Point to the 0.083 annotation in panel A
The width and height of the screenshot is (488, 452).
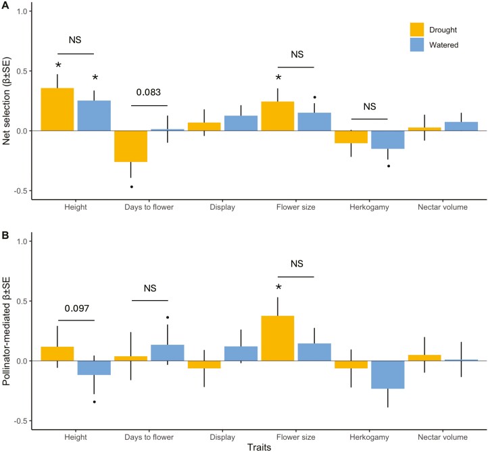pyautogui.click(x=149, y=92)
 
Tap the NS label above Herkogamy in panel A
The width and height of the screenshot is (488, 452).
pyautogui.click(x=369, y=107)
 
